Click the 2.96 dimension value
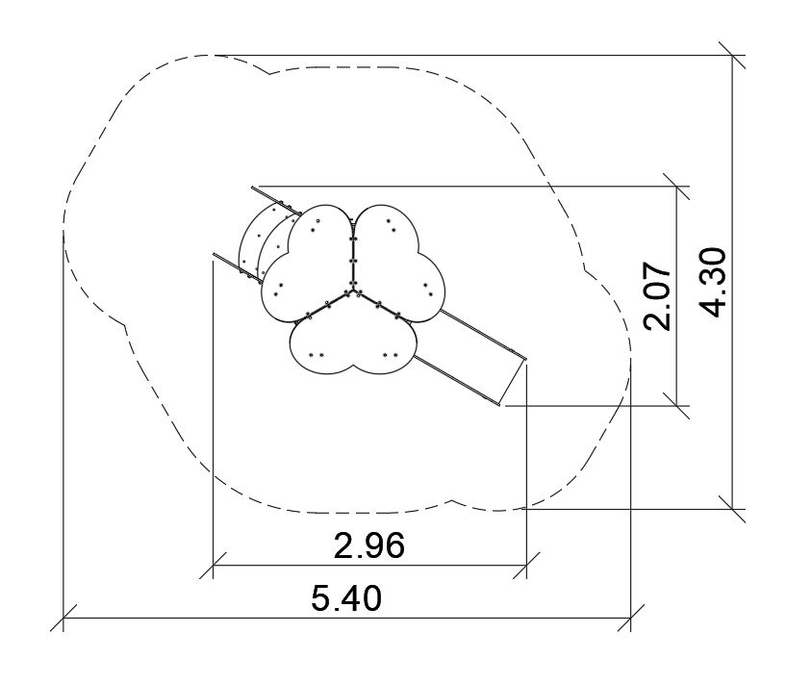point(368,545)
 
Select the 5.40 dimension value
point(346,597)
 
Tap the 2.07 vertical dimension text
point(657,295)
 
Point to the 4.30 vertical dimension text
point(712,283)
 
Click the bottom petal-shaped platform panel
point(353,345)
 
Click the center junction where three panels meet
point(353,290)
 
